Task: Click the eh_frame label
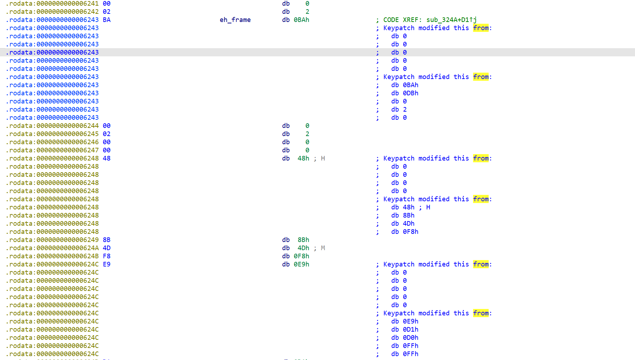[x=235, y=20]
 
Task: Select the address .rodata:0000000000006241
[x=52, y=4]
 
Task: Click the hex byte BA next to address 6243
[x=107, y=20]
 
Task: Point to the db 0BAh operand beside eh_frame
[x=301, y=20]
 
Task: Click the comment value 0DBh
[x=410, y=93]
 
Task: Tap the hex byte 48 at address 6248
[x=107, y=158]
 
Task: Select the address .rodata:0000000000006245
[x=52, y=134]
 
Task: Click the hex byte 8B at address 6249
[x=107, y=240]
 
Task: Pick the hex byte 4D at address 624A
[x=107, y=248]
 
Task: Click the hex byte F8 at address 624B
[x=107, y=256]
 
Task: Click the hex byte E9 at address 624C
[x=107, y=264]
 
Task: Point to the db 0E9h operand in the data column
[x=301, y=264]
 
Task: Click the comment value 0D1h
[x=410, y=330]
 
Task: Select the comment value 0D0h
[x=410, y=338]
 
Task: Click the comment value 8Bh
[x=409, y=215]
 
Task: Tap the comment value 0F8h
[x=410, y=232]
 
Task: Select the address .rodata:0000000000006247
[x=52, y=150]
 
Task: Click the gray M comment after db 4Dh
[x=323, y=248]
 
